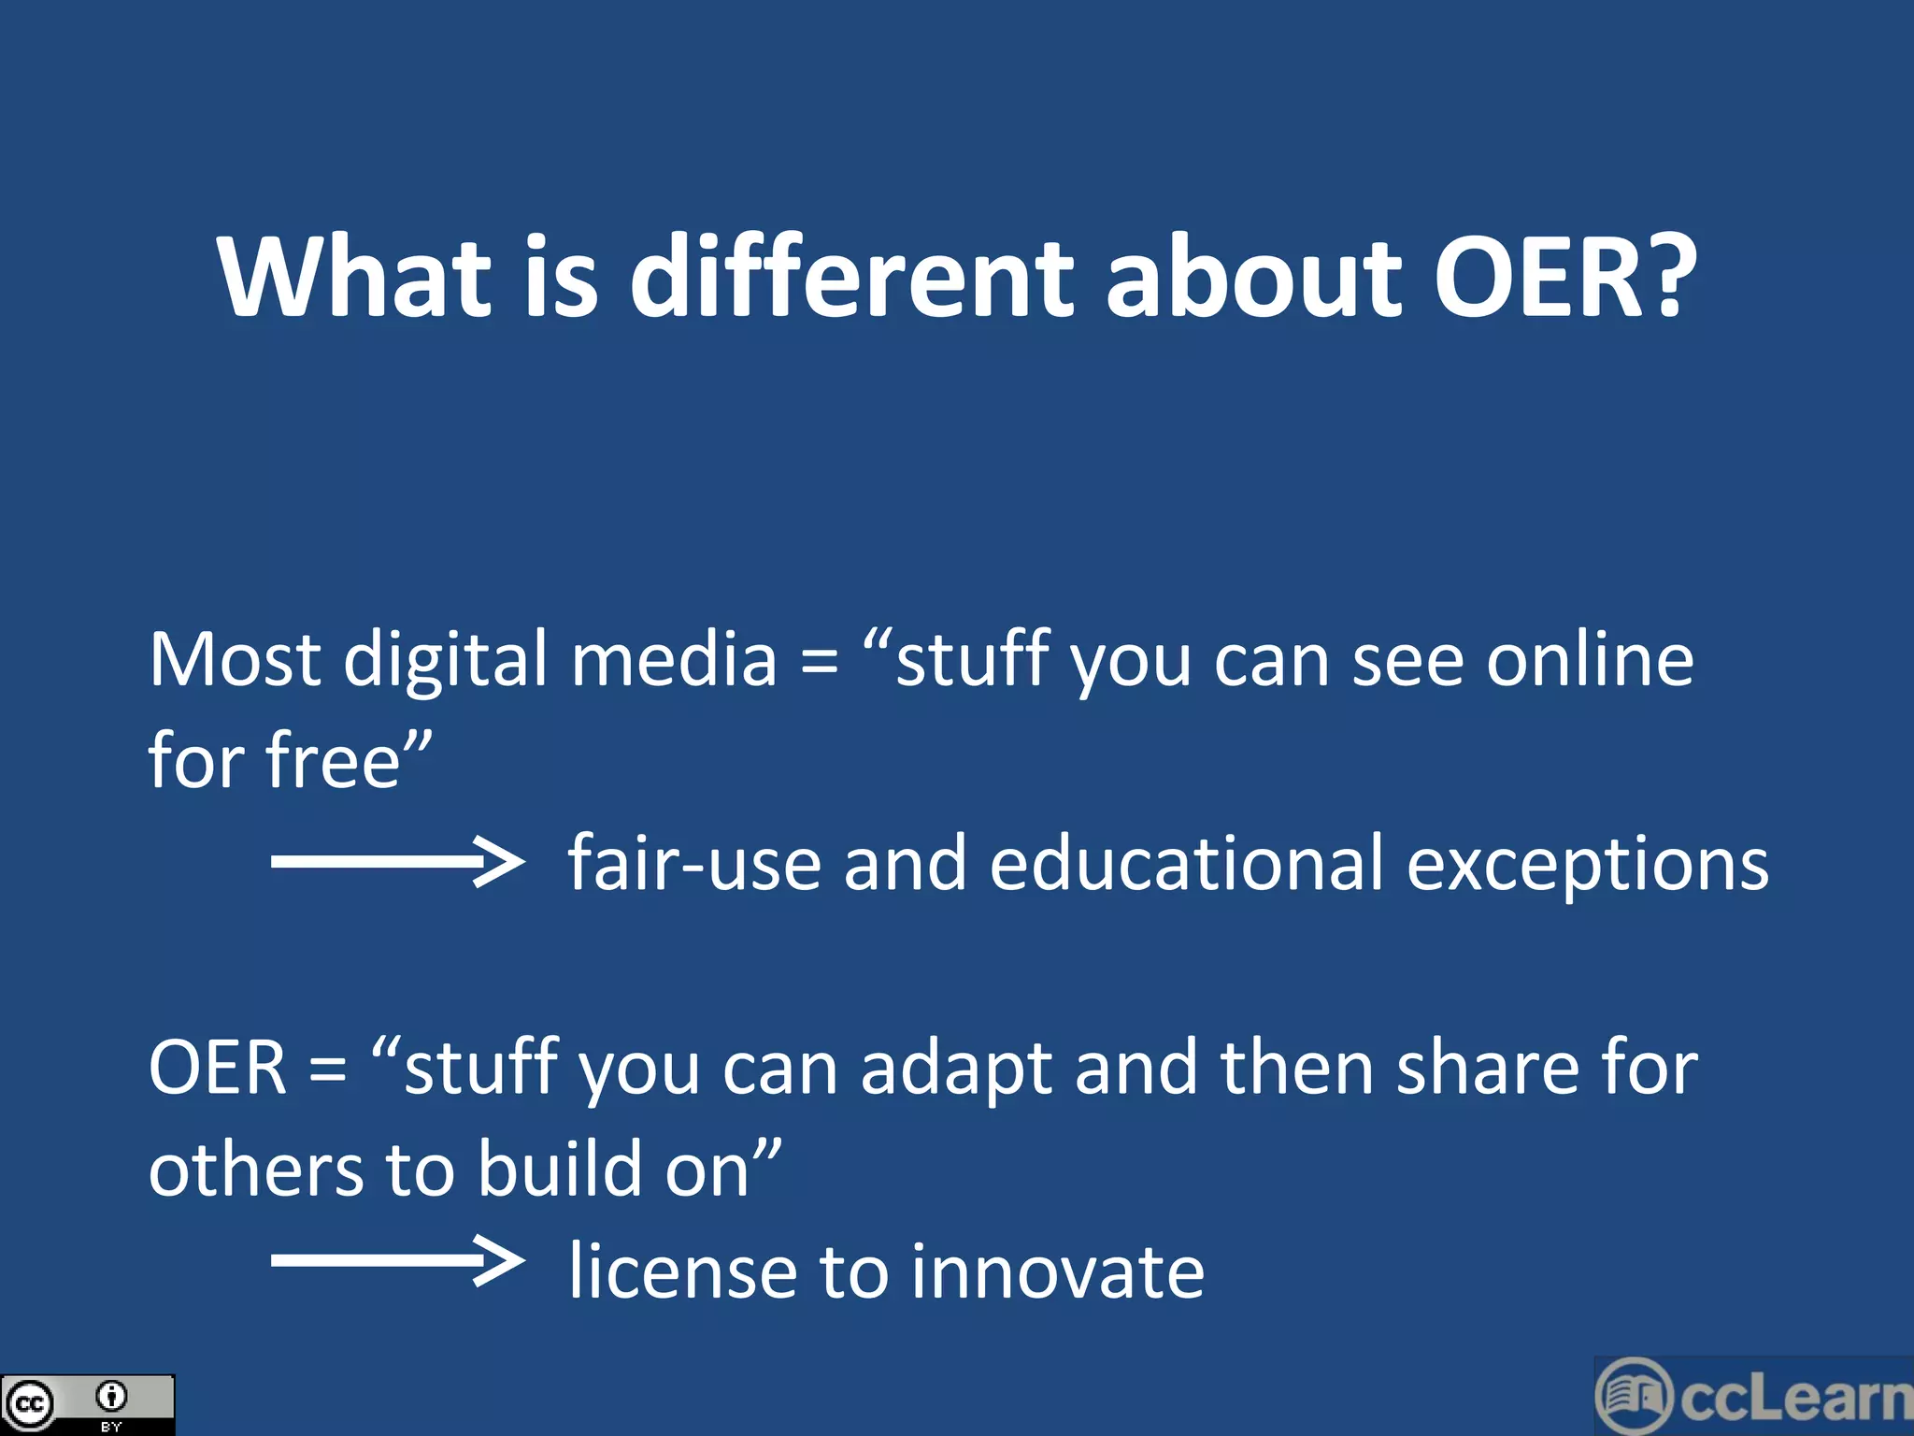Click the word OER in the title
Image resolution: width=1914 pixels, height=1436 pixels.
coord(1537,278)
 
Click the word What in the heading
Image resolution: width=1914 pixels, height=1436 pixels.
coord(354,278)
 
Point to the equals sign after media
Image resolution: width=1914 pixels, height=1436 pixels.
coord(819,662)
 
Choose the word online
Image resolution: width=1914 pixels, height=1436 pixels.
coord(1590,662)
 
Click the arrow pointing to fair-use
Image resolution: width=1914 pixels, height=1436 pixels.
coord(397,861)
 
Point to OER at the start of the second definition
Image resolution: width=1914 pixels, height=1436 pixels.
coord(217,1068)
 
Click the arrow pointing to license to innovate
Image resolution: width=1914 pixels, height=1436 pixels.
coord(397,1261)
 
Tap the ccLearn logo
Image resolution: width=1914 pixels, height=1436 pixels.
coord(1753,1397)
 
